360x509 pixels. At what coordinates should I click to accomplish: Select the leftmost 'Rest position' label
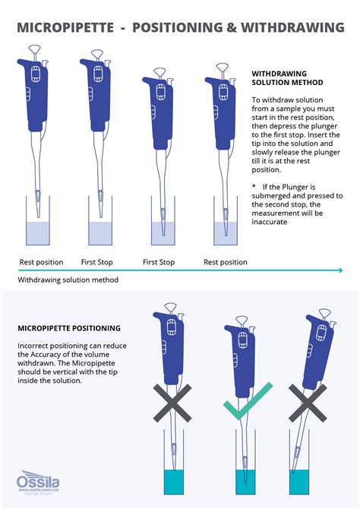[x=41, y=262]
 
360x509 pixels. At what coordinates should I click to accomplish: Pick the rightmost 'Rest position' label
[x=226, y=262]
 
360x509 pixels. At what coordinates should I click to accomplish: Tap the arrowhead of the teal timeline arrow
[x=339, y=270]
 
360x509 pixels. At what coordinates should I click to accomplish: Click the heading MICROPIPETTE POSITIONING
[x=69, y=328]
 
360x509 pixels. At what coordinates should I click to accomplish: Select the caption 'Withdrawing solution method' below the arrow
[x=68, y=280]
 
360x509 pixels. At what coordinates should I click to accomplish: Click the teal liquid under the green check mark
[x=245, y=480]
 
